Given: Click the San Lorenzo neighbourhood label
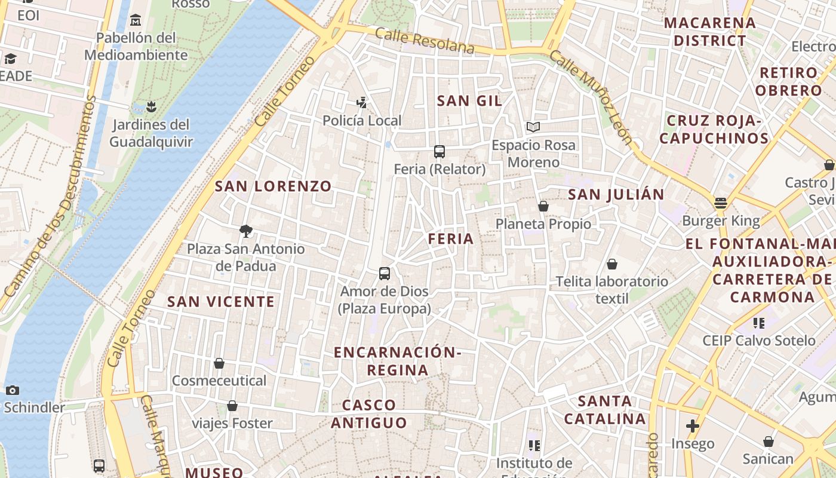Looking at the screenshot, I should coord(273,186).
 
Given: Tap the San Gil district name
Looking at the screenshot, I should coord(469,101).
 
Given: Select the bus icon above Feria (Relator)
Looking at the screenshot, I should coord(439,152).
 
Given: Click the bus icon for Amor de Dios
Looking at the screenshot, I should coord(385,274).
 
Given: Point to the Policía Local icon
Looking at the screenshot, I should coord(361,103).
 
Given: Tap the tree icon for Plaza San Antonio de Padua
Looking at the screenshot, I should coord(245,231).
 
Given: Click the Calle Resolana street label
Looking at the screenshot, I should coord(425,41).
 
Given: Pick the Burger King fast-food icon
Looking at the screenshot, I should coord(721,203).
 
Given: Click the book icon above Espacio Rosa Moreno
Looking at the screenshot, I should coord(533,127).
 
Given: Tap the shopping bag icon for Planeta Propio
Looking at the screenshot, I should coord(543,207).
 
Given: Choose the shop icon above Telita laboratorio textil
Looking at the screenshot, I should coord(611,264).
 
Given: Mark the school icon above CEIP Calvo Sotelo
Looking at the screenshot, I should coord(759,323).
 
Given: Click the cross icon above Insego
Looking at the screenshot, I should coord(693,426).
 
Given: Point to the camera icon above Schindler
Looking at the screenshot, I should coord(12,391).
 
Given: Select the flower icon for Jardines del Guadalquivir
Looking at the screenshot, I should coord(150,107).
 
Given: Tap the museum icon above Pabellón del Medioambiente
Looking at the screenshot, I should coord(136,21).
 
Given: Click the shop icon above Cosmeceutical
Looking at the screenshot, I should coord(219,363).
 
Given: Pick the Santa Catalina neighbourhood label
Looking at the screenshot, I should coord(605,410).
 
